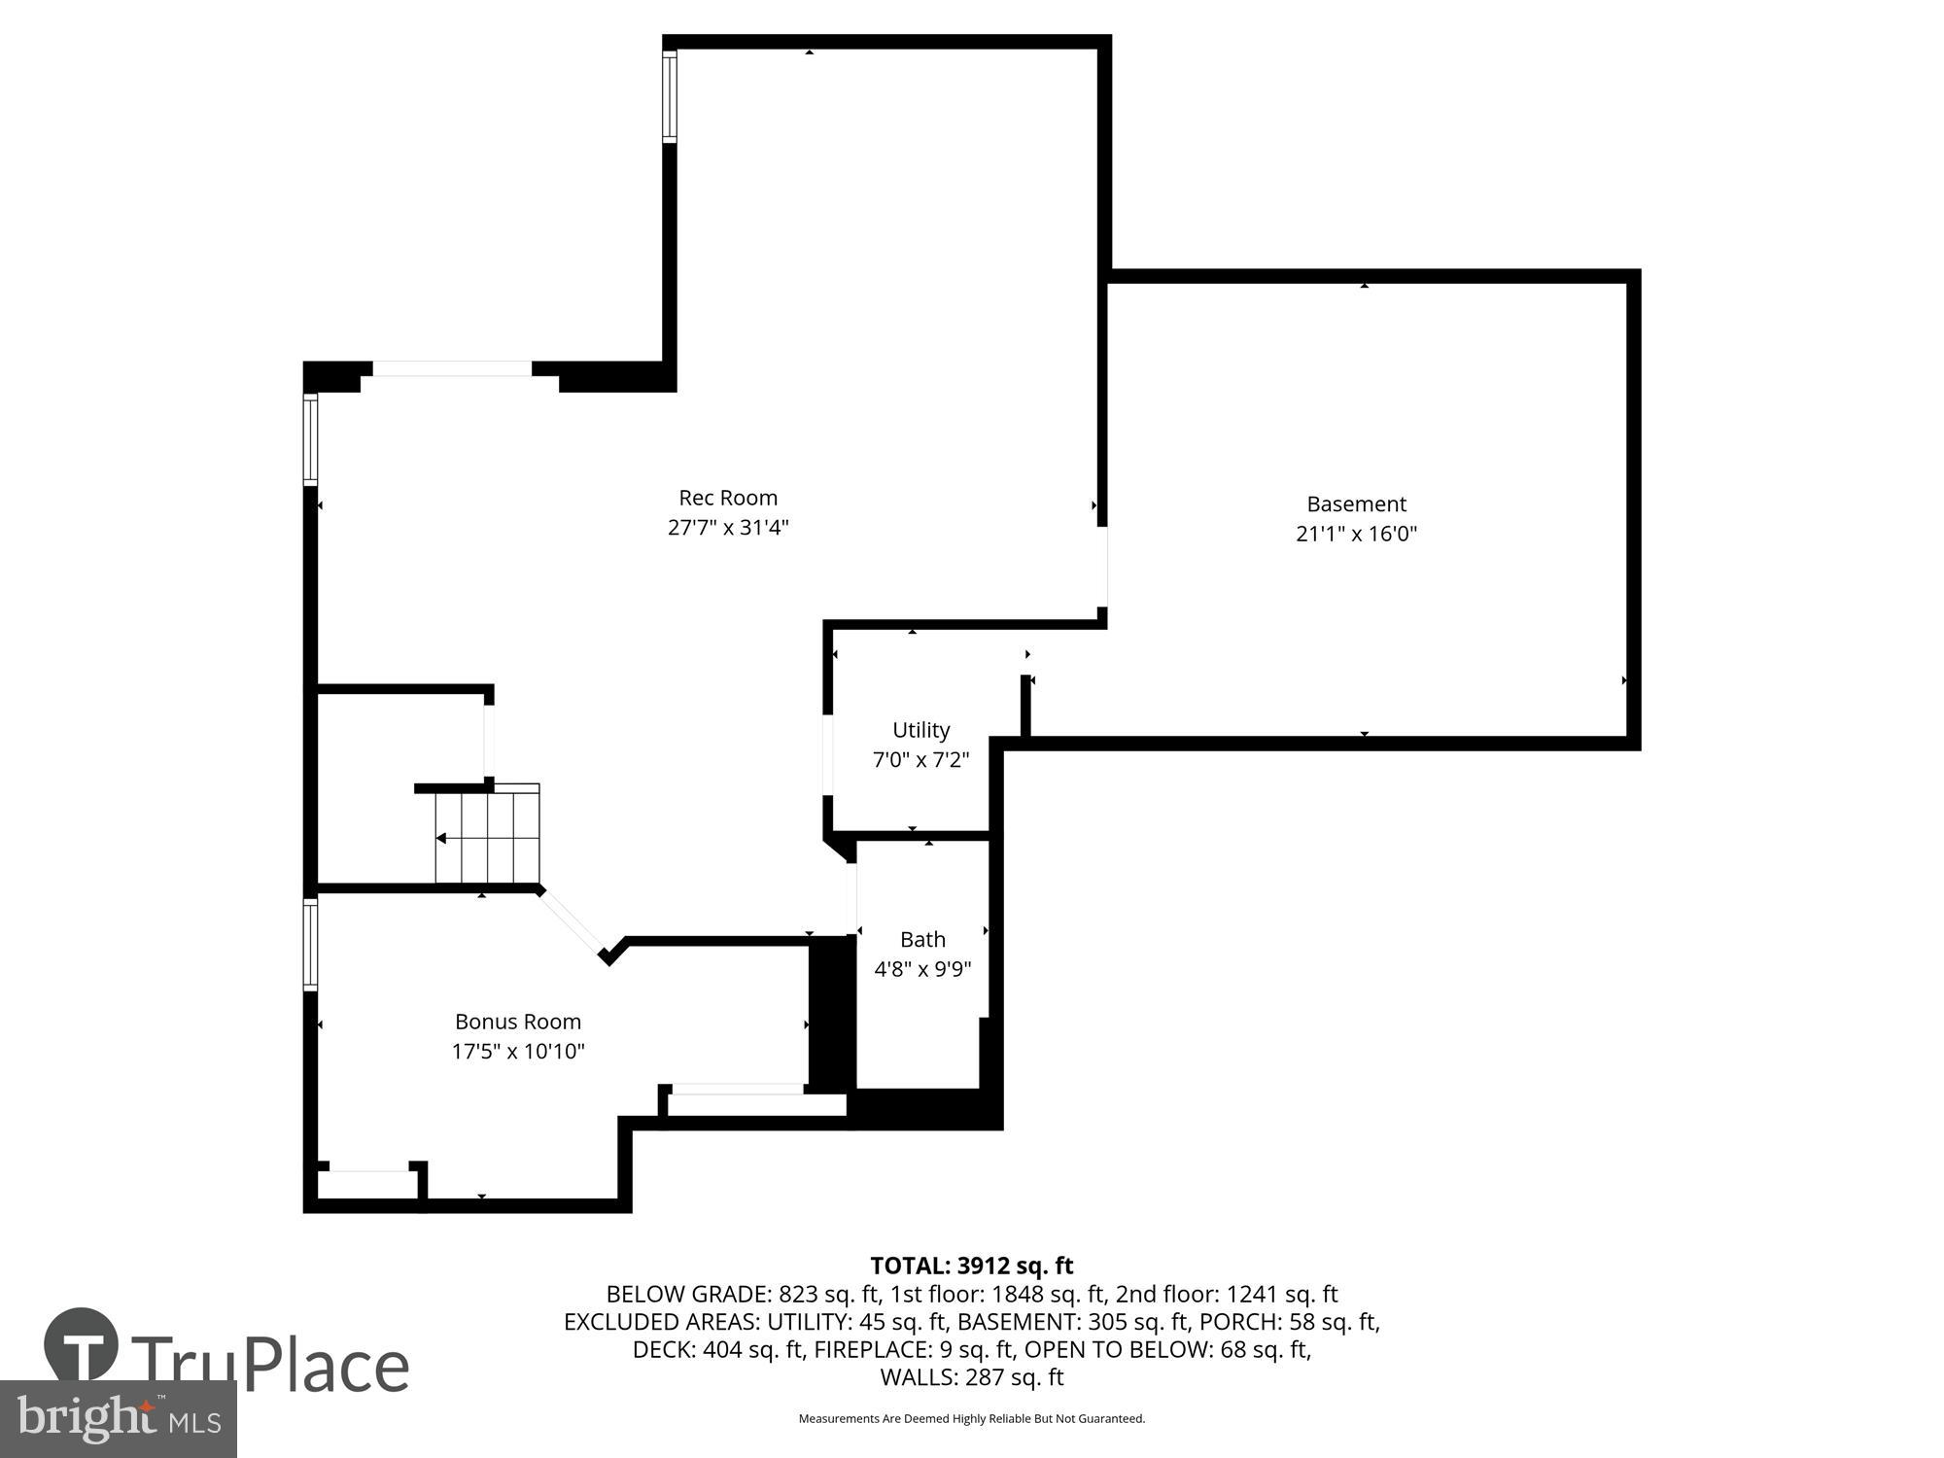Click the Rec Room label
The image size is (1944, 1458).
pyautogui.click(x=728, y=498)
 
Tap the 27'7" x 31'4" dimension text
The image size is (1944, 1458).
pyautogui.click(x=728, y=528)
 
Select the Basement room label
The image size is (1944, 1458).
pyautogui.click(x=1356, y=503)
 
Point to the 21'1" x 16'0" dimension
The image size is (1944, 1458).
pyautogui.click(x=1356, y=534)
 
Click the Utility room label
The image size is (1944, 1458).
pyautogui.click(x=920, y=730)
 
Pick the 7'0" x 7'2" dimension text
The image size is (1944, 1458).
pyautogui.click(x=920, y=760)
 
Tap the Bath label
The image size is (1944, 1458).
pyautogui.click(x=922, y=939)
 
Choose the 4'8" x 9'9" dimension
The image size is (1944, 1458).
pyautogui.click(x=922, y=969)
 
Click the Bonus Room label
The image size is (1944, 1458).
pyautogui.click(x=518, y=1022)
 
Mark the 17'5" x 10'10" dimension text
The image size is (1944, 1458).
pyautogui.click(x=518, y=1052)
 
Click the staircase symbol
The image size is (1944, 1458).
pyautogui.click(x=487, y=836)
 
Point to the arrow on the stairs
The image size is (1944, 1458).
pyautogui.click(x=441, y=838)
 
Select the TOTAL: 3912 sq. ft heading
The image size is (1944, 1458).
pyautogui.click(x=971, y=1266)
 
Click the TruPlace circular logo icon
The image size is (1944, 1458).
pyautogui.click(x=82, y=1345)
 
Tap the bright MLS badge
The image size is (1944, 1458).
pyautogui.click(x=118, y=1419)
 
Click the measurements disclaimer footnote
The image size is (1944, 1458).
pyautogui.click(x=971, y=1419)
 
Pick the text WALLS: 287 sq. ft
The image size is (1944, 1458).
pyautogui.click(x=971, y=1377)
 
